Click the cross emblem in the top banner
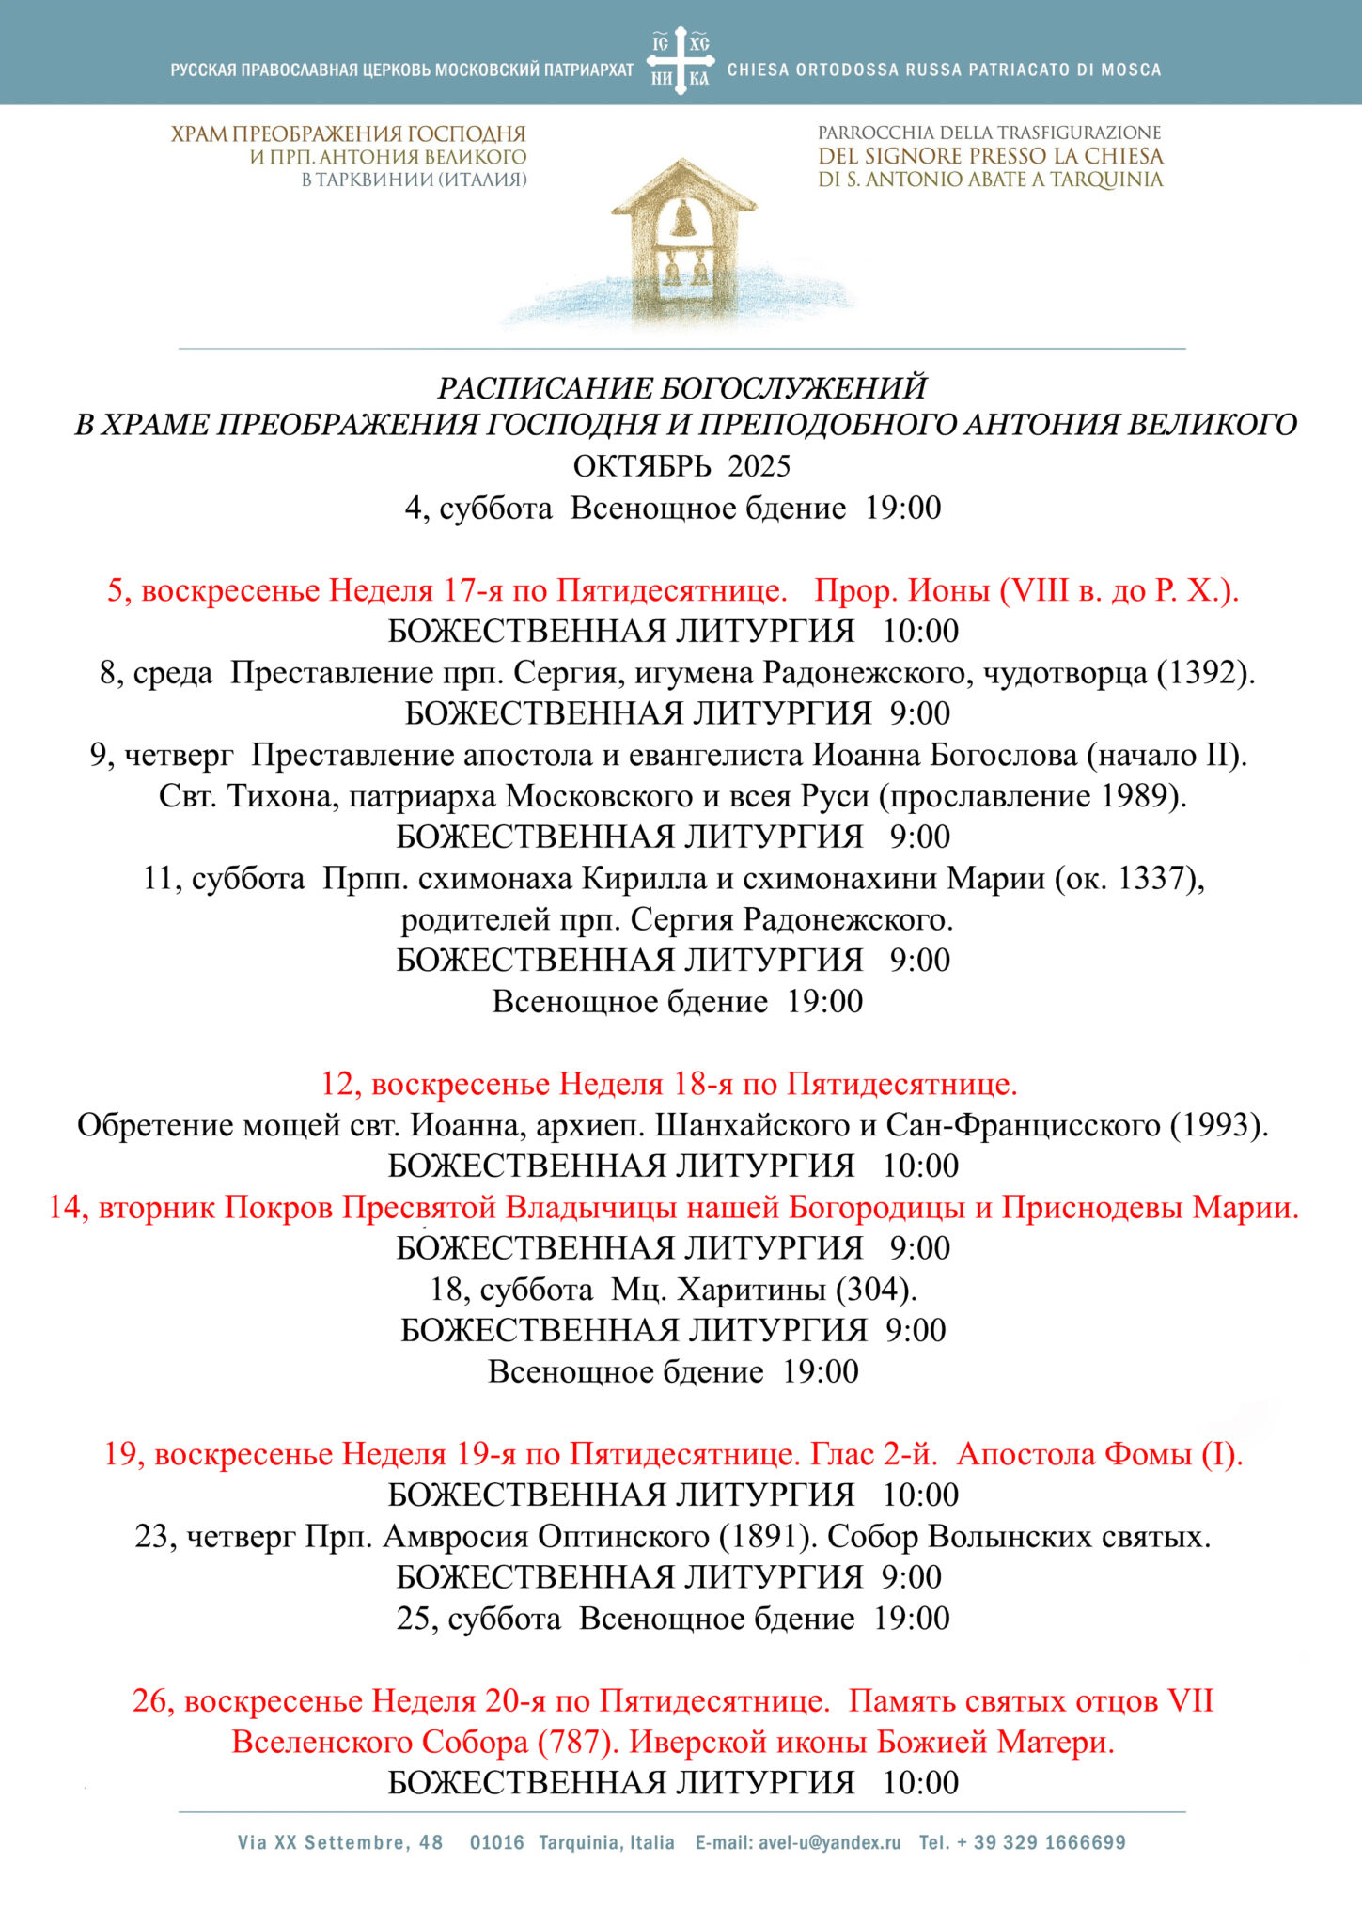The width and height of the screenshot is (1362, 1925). pos(681,60)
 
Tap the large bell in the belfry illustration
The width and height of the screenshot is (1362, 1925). pos(683,220)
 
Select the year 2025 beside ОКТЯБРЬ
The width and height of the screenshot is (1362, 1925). pos(759,466)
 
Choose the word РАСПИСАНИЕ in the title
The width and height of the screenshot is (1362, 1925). pos(545,387)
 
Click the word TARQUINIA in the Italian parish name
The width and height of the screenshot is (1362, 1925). pos(1105,180)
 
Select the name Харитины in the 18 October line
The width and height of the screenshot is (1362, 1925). pos(752,1289)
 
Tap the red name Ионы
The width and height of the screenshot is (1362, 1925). pos(948,590)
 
